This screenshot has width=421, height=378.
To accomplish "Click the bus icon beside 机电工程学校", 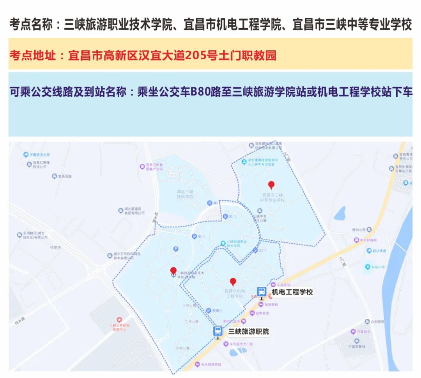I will (261, 292).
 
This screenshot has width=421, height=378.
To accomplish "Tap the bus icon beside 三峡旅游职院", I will (218, 332).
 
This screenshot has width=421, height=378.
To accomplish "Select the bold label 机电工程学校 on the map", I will (292, 292).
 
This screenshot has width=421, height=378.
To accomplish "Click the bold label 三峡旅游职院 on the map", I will (249, 332).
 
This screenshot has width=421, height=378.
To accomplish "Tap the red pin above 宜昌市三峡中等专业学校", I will (271, 185).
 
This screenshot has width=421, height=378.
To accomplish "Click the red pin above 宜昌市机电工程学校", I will (233, 282).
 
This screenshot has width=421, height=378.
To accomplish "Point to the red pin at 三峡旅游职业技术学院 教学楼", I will (173, 271).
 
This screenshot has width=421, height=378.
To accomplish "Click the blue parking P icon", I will (176, 249).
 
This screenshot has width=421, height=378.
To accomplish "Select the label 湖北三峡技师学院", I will (185, 194).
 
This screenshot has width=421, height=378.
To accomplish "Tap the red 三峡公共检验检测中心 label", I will (119, 327).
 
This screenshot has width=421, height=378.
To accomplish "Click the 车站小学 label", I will (377, 267).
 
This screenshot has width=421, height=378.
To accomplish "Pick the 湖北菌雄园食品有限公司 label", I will (134, 211).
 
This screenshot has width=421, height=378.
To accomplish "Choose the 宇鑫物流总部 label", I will (39, 154).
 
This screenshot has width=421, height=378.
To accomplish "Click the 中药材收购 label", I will (368, 240).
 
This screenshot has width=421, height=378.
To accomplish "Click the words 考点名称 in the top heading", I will (31, 25).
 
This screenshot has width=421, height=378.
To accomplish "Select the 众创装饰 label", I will (377, 321).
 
